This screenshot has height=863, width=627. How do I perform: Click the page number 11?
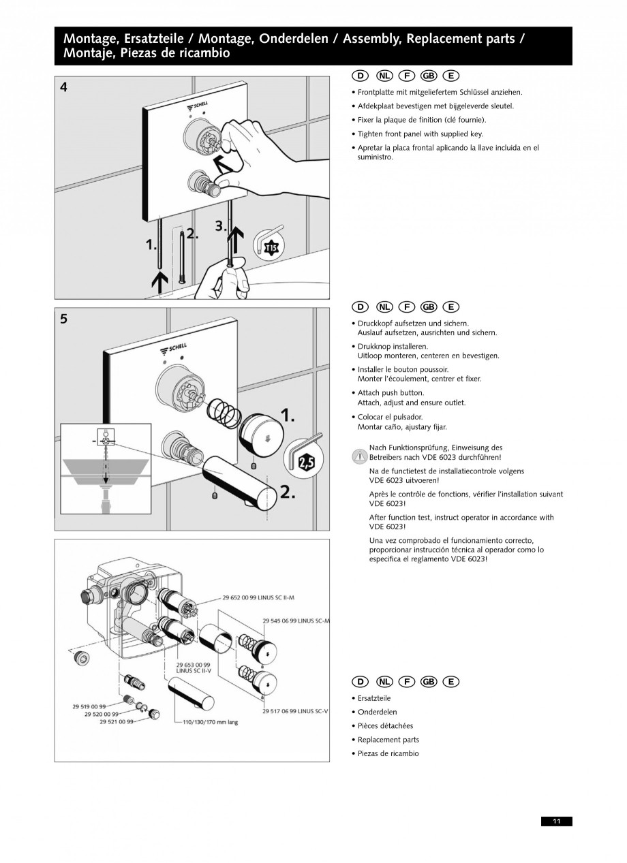(x=557, y=821)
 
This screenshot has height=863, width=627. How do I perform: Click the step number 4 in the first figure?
(x=64, y=87)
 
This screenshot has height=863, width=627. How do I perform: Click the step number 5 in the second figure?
(x=64, y=318)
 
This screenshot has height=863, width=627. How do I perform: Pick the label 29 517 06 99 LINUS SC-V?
(x=296, y=711)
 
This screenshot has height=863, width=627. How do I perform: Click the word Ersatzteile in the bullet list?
(x=374, y=698)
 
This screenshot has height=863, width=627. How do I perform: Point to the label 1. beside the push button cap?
(x=288, y=415)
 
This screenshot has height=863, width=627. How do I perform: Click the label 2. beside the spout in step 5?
(x=288, y=492)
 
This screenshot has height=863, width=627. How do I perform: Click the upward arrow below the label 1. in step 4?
(x=161, y=281)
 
